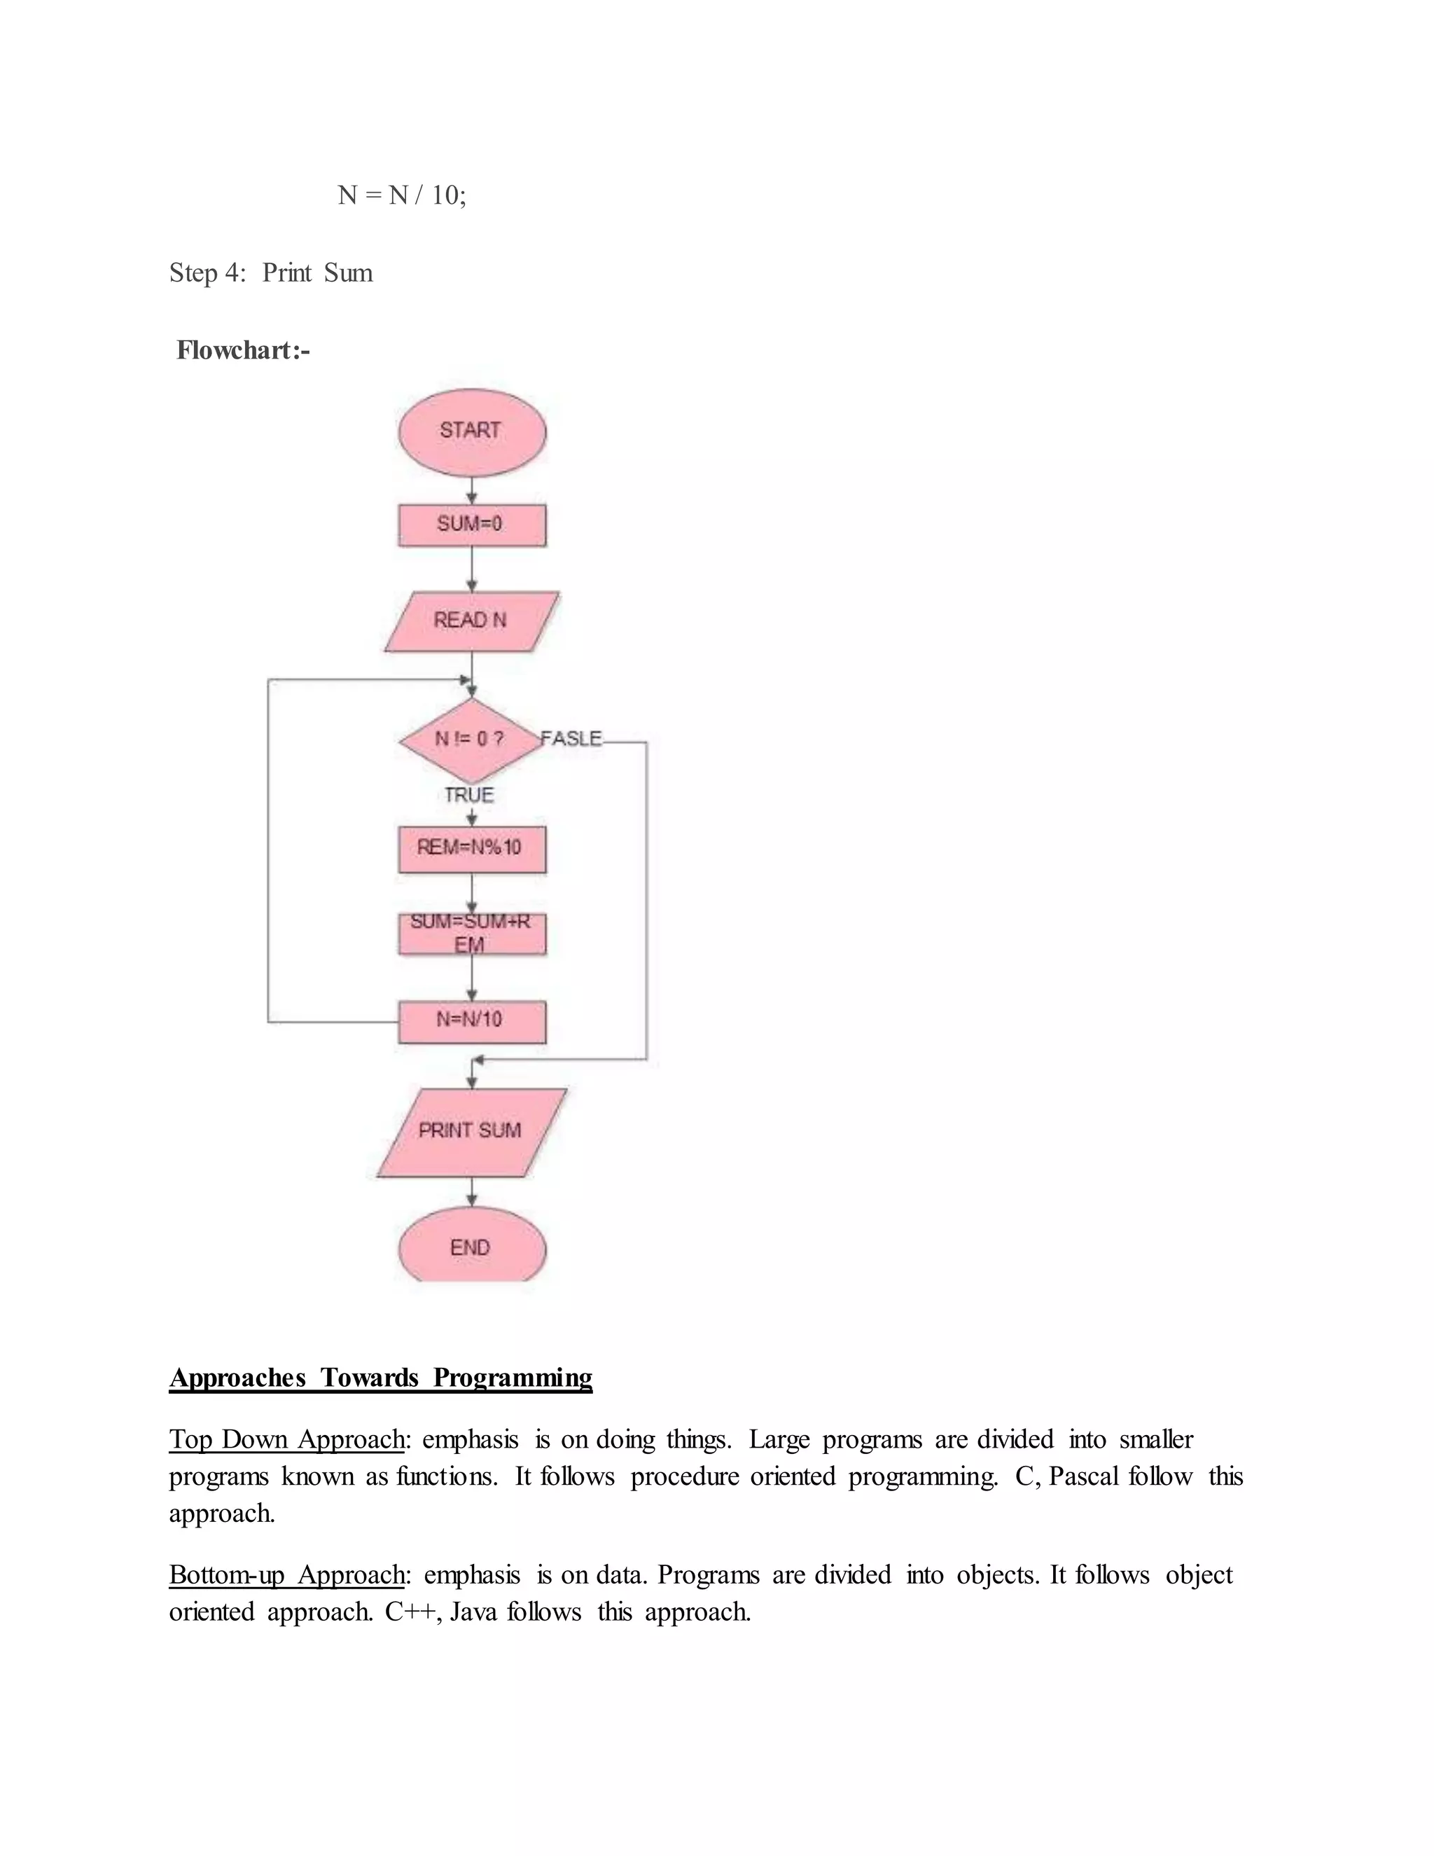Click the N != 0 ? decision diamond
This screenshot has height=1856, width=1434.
tap(470, 740)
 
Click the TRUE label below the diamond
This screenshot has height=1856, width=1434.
tap(469, 796)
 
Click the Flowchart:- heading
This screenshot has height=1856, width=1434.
tap(243, 350)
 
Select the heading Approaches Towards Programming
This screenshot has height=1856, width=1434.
tap(381, 1378)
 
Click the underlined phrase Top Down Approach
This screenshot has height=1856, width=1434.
tap(286, 1439)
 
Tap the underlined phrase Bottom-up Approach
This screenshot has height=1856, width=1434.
tap(286, 1574)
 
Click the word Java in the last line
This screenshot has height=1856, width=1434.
tap(473, 1612)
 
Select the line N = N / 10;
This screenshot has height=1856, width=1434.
tap(402, 195)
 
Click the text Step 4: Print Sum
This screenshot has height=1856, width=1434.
tap(271, 272)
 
